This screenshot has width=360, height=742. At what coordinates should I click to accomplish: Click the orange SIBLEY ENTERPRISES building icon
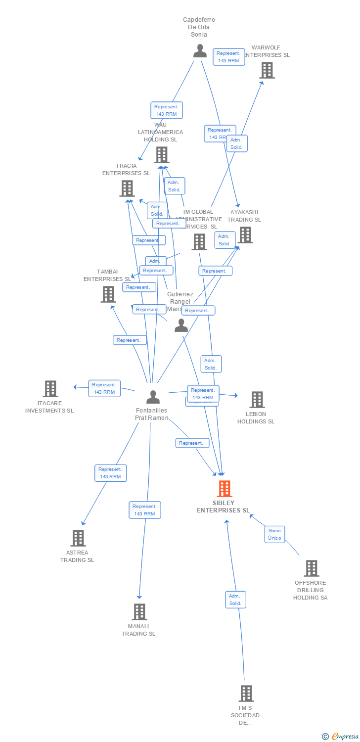[225, 489]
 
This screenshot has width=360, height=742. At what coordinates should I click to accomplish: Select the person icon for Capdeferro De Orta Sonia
[200, 51]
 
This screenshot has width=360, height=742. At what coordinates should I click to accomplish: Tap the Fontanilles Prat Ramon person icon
[153, 397]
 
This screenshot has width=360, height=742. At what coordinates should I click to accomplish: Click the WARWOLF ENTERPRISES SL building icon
[267, 70]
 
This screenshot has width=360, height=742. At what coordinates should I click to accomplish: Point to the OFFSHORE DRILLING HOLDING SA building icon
[311, 568]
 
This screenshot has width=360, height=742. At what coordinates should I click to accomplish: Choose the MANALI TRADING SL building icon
[139, 612]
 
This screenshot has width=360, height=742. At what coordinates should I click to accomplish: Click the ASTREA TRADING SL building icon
[78, 538]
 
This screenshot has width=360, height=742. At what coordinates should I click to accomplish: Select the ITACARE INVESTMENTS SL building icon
[50, 389]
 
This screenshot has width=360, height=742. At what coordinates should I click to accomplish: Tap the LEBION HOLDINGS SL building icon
[257, 400]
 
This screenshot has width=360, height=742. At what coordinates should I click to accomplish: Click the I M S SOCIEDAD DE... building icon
[246, 694]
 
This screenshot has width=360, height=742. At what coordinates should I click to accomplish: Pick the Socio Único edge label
[274, 534]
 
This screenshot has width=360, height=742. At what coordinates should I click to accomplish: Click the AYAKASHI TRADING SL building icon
[245, 235]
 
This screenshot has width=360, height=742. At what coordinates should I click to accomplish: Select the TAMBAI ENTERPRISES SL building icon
[108, 294]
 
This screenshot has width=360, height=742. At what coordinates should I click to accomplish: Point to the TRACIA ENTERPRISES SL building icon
[127, 188]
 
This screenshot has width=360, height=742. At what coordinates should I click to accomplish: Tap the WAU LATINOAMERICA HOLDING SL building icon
[162, 155]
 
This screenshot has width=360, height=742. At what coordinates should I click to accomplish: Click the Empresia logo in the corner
[340, 737]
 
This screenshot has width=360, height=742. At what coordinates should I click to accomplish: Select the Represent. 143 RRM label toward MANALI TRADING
[145, 510]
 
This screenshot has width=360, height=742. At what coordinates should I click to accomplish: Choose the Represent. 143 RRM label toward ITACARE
[104, 388]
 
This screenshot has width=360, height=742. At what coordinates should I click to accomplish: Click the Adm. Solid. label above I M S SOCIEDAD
[235, 600]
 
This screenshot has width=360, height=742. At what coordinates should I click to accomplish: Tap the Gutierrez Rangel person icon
[181, 325]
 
